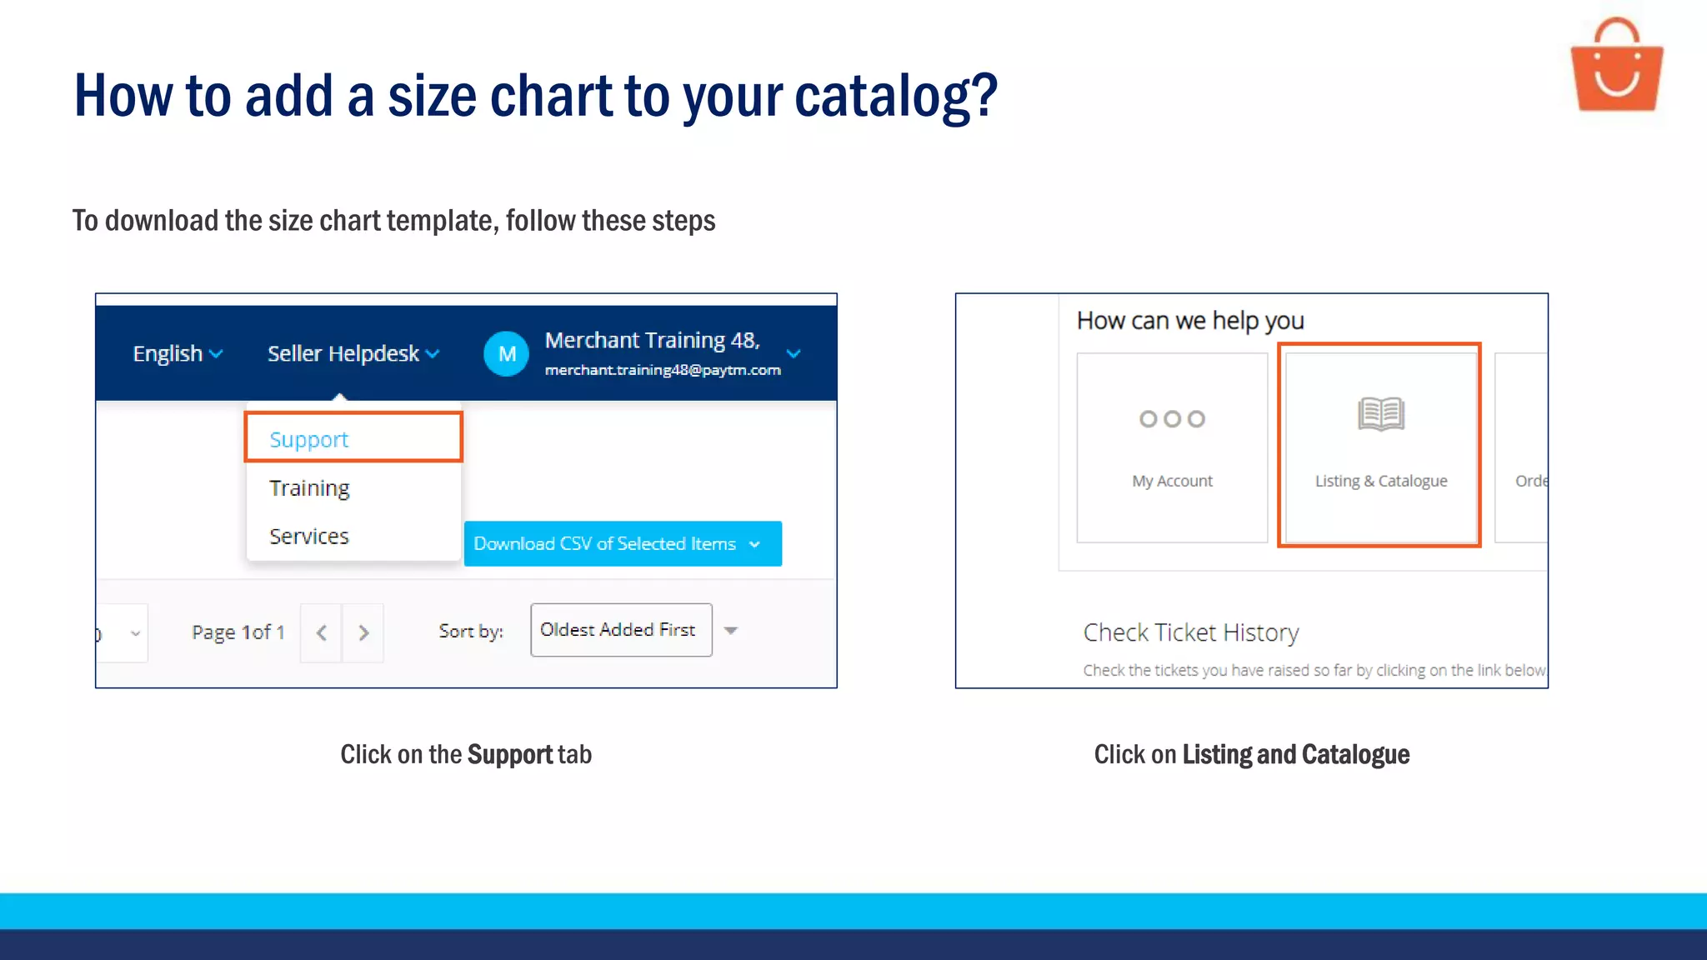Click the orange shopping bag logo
click(1616, 67)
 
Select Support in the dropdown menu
click(309, 439)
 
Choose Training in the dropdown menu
click(309, 487)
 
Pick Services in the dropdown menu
click(309, 536)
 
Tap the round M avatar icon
click(506, 353)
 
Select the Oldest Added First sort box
click(621, 630)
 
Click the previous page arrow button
click(321, 632)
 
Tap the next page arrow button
click(363, 632)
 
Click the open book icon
click(1380, 413)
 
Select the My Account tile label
click(1172, 481)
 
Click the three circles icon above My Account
click(1172, 418)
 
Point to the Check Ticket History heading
click(1190, 632)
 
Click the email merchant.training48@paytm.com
click(663, 370)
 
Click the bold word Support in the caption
click(510, 754)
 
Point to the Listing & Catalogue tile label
click(1380, 481)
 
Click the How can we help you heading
click(1189, 321)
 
